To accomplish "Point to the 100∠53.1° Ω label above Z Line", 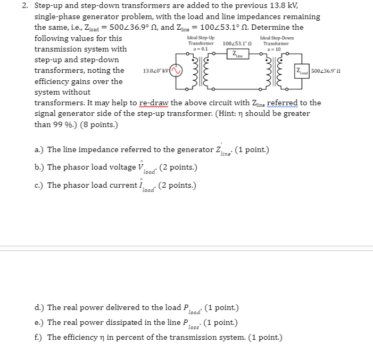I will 235,43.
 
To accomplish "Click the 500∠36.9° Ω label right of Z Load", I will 328,71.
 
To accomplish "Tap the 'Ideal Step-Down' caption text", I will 276,38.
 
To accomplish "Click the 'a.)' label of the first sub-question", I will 39,150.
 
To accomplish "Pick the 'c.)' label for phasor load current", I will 39,186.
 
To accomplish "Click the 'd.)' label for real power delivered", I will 39,308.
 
